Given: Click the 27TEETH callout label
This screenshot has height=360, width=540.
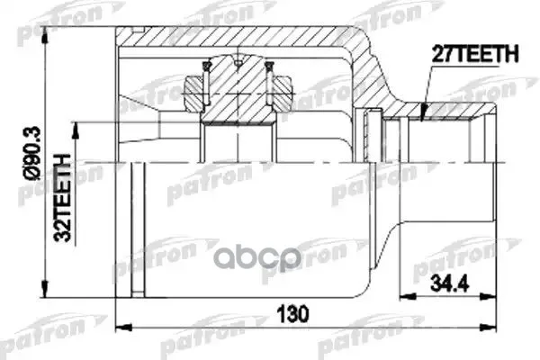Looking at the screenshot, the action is tap(475, 54).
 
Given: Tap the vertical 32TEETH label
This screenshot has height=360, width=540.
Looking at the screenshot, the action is tap(63, 198).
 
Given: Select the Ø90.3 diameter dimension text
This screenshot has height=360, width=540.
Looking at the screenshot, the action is tap(33, 153).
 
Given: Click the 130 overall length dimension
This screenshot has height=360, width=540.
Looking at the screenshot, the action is tap(293, 314).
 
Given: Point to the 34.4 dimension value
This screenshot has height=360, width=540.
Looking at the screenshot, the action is tap(449, 284).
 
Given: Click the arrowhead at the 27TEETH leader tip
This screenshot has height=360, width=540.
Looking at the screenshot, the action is tap(424, 112).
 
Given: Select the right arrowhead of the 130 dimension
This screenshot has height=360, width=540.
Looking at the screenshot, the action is tap(489, 327).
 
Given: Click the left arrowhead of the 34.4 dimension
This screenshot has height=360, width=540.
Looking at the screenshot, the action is tap(408, 296).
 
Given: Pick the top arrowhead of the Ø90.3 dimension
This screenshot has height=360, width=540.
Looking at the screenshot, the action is tap(45, 35).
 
